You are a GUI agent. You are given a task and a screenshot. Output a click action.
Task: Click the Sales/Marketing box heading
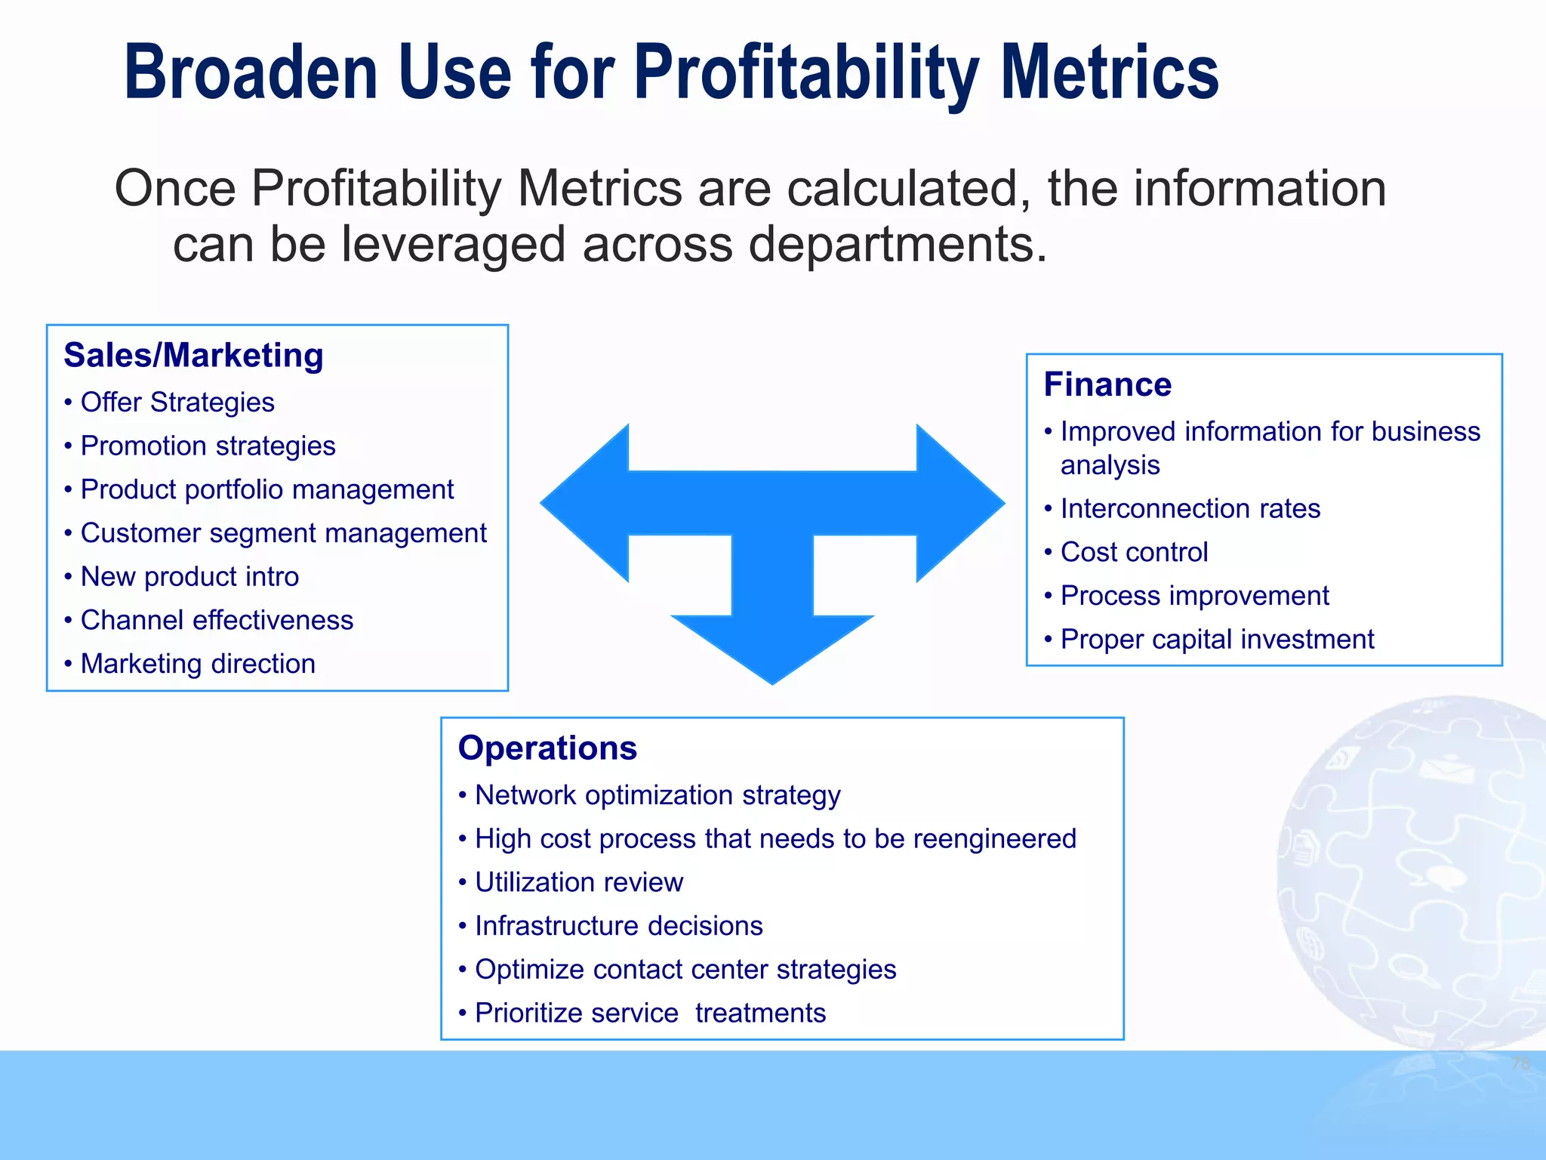click(193, 356)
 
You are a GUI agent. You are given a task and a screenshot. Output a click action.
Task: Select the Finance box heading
click(1107, 385)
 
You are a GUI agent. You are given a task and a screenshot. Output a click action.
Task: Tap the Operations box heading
click(547, 748)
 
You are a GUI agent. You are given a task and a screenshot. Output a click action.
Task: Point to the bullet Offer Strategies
click(177, 403)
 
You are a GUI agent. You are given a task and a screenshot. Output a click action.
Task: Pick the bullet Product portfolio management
click(266, 490)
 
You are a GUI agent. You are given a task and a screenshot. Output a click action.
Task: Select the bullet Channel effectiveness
click(217, 621)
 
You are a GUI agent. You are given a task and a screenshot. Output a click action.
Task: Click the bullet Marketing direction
click(198, 664)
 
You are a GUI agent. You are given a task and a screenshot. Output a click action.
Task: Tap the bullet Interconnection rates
click(1190, 509)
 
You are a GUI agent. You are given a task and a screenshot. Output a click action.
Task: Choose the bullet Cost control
click(1134, 553)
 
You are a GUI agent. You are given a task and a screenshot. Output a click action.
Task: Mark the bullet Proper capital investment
click(1217, 640)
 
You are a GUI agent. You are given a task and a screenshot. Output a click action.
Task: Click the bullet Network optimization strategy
click(658, 795)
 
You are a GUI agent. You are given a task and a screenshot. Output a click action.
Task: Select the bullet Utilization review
click(579, 883)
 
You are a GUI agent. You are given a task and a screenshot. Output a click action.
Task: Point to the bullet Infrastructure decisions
click(618, 926)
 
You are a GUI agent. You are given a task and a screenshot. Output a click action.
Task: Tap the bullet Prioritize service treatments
click(650, 1013)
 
